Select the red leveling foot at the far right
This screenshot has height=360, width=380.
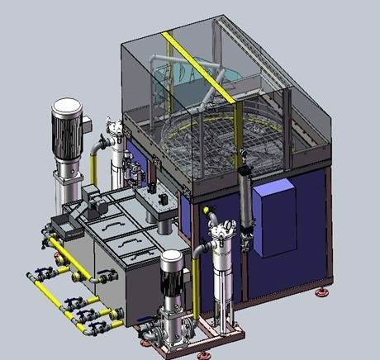[321, 291]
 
